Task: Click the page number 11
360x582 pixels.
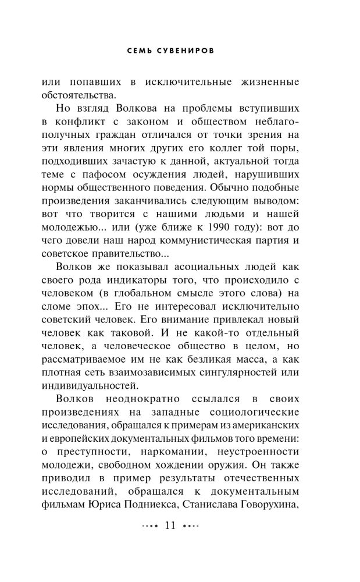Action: point(170,526)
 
